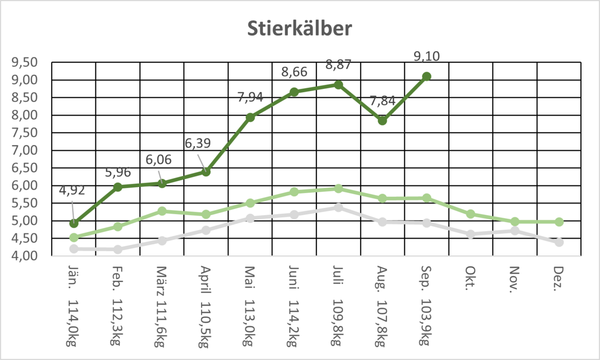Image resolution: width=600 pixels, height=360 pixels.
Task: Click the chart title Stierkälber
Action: pyautogui.click(x=299, y=29)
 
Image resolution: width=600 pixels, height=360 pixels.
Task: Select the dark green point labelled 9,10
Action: pyautogui.click(x=426, y=76)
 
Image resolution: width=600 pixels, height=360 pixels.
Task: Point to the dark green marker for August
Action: pyautogui.click(x=382, y=121)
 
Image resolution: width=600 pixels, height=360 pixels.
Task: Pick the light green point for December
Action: pyautogui.click(x=559, y=222)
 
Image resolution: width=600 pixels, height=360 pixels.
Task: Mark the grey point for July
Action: pyautogui.click(x=338, y=207)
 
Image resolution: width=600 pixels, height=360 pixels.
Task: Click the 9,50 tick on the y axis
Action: pyautogui.click(x=25, y=63)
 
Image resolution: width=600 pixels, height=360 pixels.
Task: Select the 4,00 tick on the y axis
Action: pyautogui.click(x=25, y=256)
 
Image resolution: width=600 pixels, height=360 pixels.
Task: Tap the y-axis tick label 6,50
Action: pyautogui.click(x=25, y=168)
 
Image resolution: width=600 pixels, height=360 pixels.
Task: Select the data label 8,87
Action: pyautogui.click(x=338, y=65)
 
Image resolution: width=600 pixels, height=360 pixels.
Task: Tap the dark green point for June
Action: pyautogui.click(x=294, y=92)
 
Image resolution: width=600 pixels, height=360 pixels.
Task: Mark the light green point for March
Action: pyautogui.click(x=162, y=211)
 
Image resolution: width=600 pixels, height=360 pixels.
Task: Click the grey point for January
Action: pyautogui.click(x=74, y=248)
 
